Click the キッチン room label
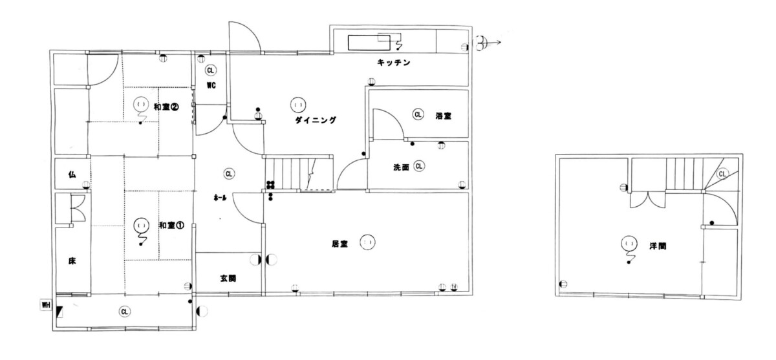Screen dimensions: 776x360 393,63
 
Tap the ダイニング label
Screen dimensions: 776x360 316,120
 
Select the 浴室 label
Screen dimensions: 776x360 444,116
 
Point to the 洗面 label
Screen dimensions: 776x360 401,167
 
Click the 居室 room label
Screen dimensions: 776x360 339,244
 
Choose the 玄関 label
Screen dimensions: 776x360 228,278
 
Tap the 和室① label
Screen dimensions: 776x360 171,226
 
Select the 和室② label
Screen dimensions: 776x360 166,107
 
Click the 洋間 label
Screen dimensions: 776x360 658,246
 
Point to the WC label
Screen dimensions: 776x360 211,85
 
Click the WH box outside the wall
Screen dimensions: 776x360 46,305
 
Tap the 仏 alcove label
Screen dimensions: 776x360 72,175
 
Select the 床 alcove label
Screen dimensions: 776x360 72,261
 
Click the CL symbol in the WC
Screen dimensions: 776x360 210,70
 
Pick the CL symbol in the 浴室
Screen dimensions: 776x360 418,114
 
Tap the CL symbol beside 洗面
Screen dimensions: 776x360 419,166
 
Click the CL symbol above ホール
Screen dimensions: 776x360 229,174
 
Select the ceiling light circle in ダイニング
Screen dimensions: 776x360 298,105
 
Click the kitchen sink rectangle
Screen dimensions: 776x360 369,43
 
